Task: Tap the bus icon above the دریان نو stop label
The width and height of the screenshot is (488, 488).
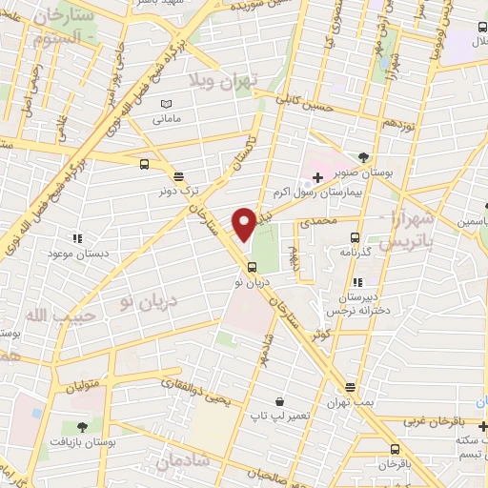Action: (x=251, y=266)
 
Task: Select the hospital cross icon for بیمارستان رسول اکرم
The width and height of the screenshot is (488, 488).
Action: (x=317, y=177)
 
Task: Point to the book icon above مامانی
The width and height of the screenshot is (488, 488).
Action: (x=167, y=104)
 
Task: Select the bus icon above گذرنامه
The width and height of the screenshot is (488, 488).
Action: (x=354, y=237)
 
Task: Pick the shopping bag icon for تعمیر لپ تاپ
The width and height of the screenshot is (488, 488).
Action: (x=277, y=402)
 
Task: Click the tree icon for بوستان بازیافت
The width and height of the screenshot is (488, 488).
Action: (x=81, y=426)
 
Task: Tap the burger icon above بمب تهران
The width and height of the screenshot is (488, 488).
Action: (x=351, y=387)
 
